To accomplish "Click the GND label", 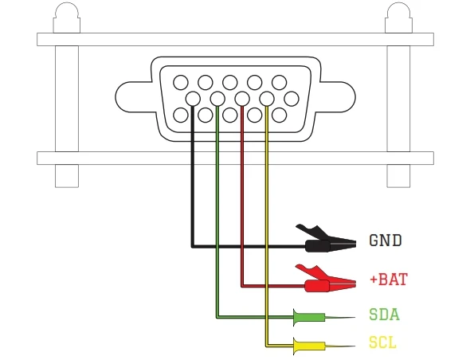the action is (386, 241).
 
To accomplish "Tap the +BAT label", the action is (389, 279).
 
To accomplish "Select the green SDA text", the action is (384, 315).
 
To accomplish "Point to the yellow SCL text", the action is (382, 342).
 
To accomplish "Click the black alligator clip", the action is (326, 240).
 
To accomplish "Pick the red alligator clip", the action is (326, 280).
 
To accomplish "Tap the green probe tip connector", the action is (323, 317).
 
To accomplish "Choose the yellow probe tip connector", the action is (323, 346).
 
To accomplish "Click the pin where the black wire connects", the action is (193, 99).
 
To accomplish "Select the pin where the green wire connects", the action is (217, 99).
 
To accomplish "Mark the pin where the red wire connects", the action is (242, 99).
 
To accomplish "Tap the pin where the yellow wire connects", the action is (267, 99).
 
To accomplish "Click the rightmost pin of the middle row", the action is (292, 99).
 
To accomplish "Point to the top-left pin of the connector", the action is (181, 83).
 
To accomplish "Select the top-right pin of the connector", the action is (280, 83).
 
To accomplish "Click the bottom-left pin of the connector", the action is (181, 115).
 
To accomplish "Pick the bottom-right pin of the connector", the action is (280, 115).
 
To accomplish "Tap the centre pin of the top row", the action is (230, 83).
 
